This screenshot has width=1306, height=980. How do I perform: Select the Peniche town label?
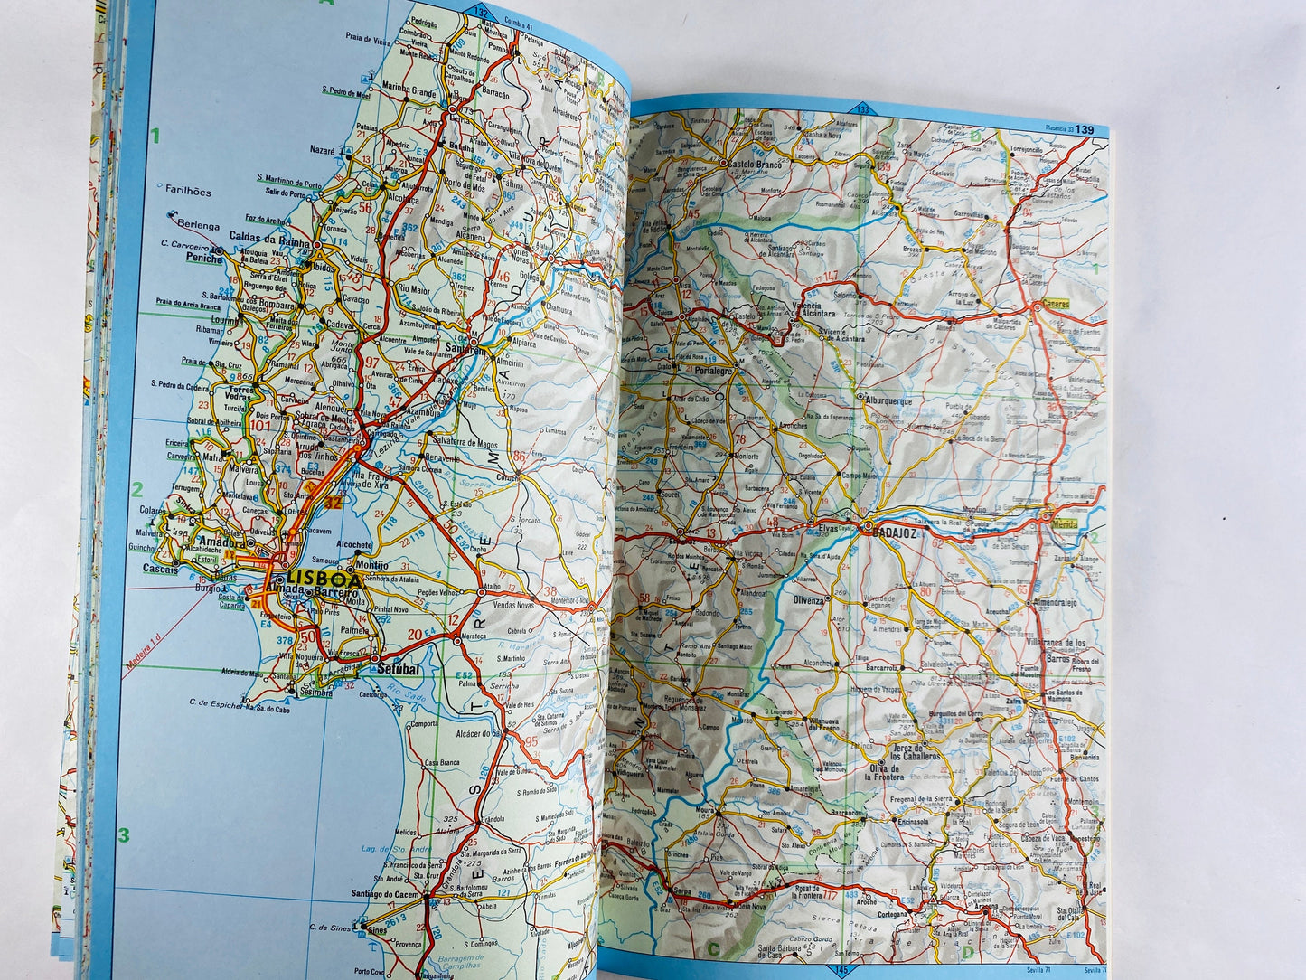point(203,259)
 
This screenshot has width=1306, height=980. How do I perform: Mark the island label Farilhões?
point(189,192)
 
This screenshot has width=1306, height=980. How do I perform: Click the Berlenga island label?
point(199,225)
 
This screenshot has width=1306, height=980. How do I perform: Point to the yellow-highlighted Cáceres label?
point(1055,304)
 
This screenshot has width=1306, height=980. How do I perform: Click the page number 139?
point(1085,130)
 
